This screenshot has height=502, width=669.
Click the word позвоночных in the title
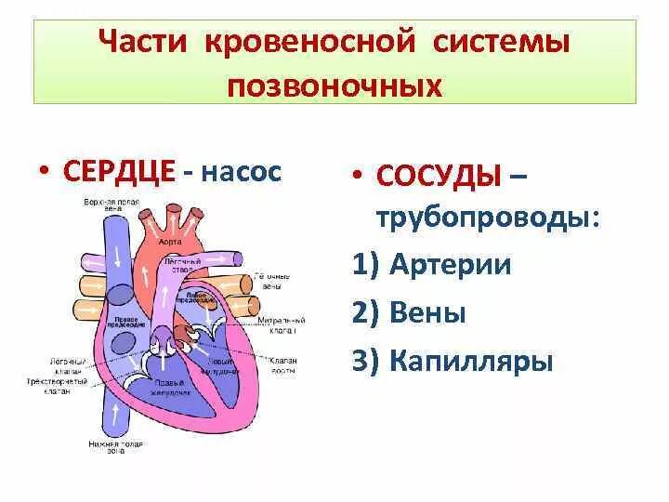pyautogui.click(x=334, y=86)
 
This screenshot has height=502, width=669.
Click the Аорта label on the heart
pyautogui.click(x=169, y=240)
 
